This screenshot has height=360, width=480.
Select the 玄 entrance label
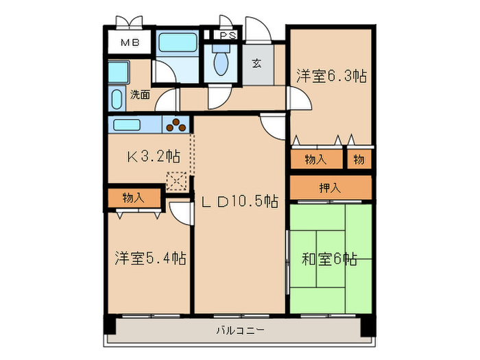(256, 63)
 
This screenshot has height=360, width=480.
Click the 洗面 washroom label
(141, 95)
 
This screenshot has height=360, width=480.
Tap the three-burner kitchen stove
(178, 126)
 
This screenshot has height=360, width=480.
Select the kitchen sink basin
(128, 125)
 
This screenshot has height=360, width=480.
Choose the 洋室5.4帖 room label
(150, 259)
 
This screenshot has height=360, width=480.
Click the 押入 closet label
(330, 187)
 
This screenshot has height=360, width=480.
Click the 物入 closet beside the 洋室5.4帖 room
(134, 197)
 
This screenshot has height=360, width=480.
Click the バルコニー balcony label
(240, 331)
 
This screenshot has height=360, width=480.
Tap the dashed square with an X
(176, 181)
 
